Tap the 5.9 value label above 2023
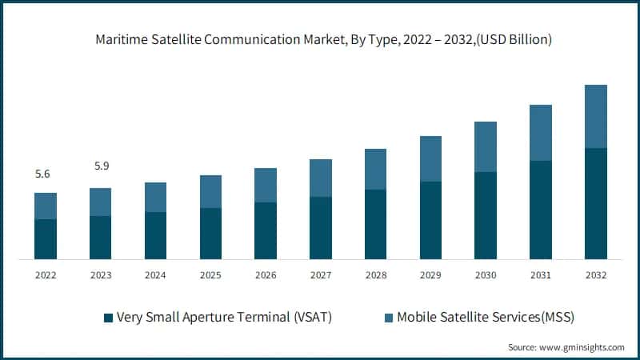[x=101, y=166]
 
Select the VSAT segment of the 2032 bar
[x=596, y=203]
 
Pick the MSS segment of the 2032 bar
[x=596, y=116]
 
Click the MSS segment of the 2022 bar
[x=46, y=206]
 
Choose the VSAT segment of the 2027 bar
[x=321, y=228]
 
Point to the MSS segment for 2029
[x=431, y=158]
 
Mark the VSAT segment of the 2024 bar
[x=156, y=235]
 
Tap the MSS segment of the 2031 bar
[x=541, y=132]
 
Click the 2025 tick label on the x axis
[x=210, y=275]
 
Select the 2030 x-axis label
[x=486, y=275]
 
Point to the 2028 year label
[x=376, y=275]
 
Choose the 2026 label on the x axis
[x=266, y=275]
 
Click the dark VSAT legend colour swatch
[x=108, y=318]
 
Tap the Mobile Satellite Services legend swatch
[x=389, y=318]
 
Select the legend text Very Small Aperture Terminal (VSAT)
[x=224, y=318]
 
